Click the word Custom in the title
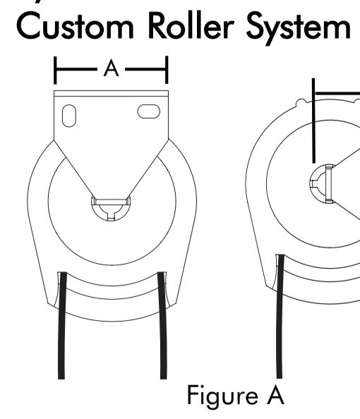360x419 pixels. click(x=75, y=27)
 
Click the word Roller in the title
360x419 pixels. click(x=191, y=25)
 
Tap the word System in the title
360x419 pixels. click(x=298, y=29)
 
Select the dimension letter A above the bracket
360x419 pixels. click(x=111, y=68)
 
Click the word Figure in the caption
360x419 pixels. click(x=223, y=396)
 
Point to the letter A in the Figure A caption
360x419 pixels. click(x=275, y=395)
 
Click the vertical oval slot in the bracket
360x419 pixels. click(x=69, y=116)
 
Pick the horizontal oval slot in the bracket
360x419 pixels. click(x=149, y=111)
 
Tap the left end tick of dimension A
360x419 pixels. click(x=55, y=71)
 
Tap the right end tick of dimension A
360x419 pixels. click(x=167, y=70)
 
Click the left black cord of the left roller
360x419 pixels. click(x=62, y=325)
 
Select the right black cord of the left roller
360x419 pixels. click(x=162, y=325)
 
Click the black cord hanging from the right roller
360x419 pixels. click(x=280, y=317)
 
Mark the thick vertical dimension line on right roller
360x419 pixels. click(x=313, y=121)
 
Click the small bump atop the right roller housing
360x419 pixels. click(x=301, y=102)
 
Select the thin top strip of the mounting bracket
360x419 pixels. click(x=112, y=93)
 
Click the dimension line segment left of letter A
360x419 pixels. click(x=76, y=69)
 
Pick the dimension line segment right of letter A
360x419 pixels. click(x=146, y=69)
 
